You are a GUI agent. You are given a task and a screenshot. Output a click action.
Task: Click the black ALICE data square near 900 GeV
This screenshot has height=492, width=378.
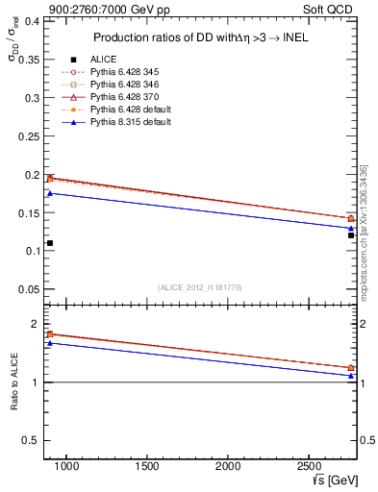(50, 243)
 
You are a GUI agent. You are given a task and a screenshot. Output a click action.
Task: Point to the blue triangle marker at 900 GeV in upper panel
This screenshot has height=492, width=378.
(50, 193)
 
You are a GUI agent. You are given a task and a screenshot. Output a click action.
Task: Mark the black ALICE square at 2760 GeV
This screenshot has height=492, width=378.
(351, 234)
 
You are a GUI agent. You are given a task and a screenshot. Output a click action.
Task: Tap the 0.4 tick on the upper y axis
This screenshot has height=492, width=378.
(31, 20)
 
